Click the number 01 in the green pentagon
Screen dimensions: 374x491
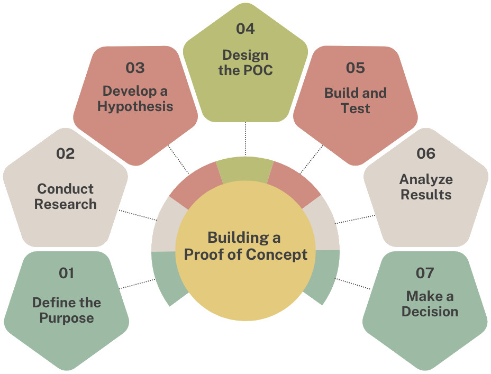point(66,273)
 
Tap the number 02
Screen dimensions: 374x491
point(66,154)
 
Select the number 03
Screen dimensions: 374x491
point(135,68)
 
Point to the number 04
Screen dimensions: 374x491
point(245,29)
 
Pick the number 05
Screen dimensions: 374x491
point(356,68)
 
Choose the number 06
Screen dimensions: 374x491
point(425,154)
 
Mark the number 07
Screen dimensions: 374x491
point(425,273)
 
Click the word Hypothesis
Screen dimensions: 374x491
point(135,107)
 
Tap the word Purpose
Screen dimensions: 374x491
point(67,318)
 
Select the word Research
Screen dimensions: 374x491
point(66,204)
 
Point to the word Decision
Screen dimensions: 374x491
point(430,311)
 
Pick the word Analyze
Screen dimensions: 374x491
point(426,179)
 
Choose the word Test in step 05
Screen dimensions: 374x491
point(356,109)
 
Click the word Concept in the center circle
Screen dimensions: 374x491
point(277,254)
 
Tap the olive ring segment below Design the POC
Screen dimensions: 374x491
point(245,169)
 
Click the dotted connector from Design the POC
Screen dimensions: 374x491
point(245,139)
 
